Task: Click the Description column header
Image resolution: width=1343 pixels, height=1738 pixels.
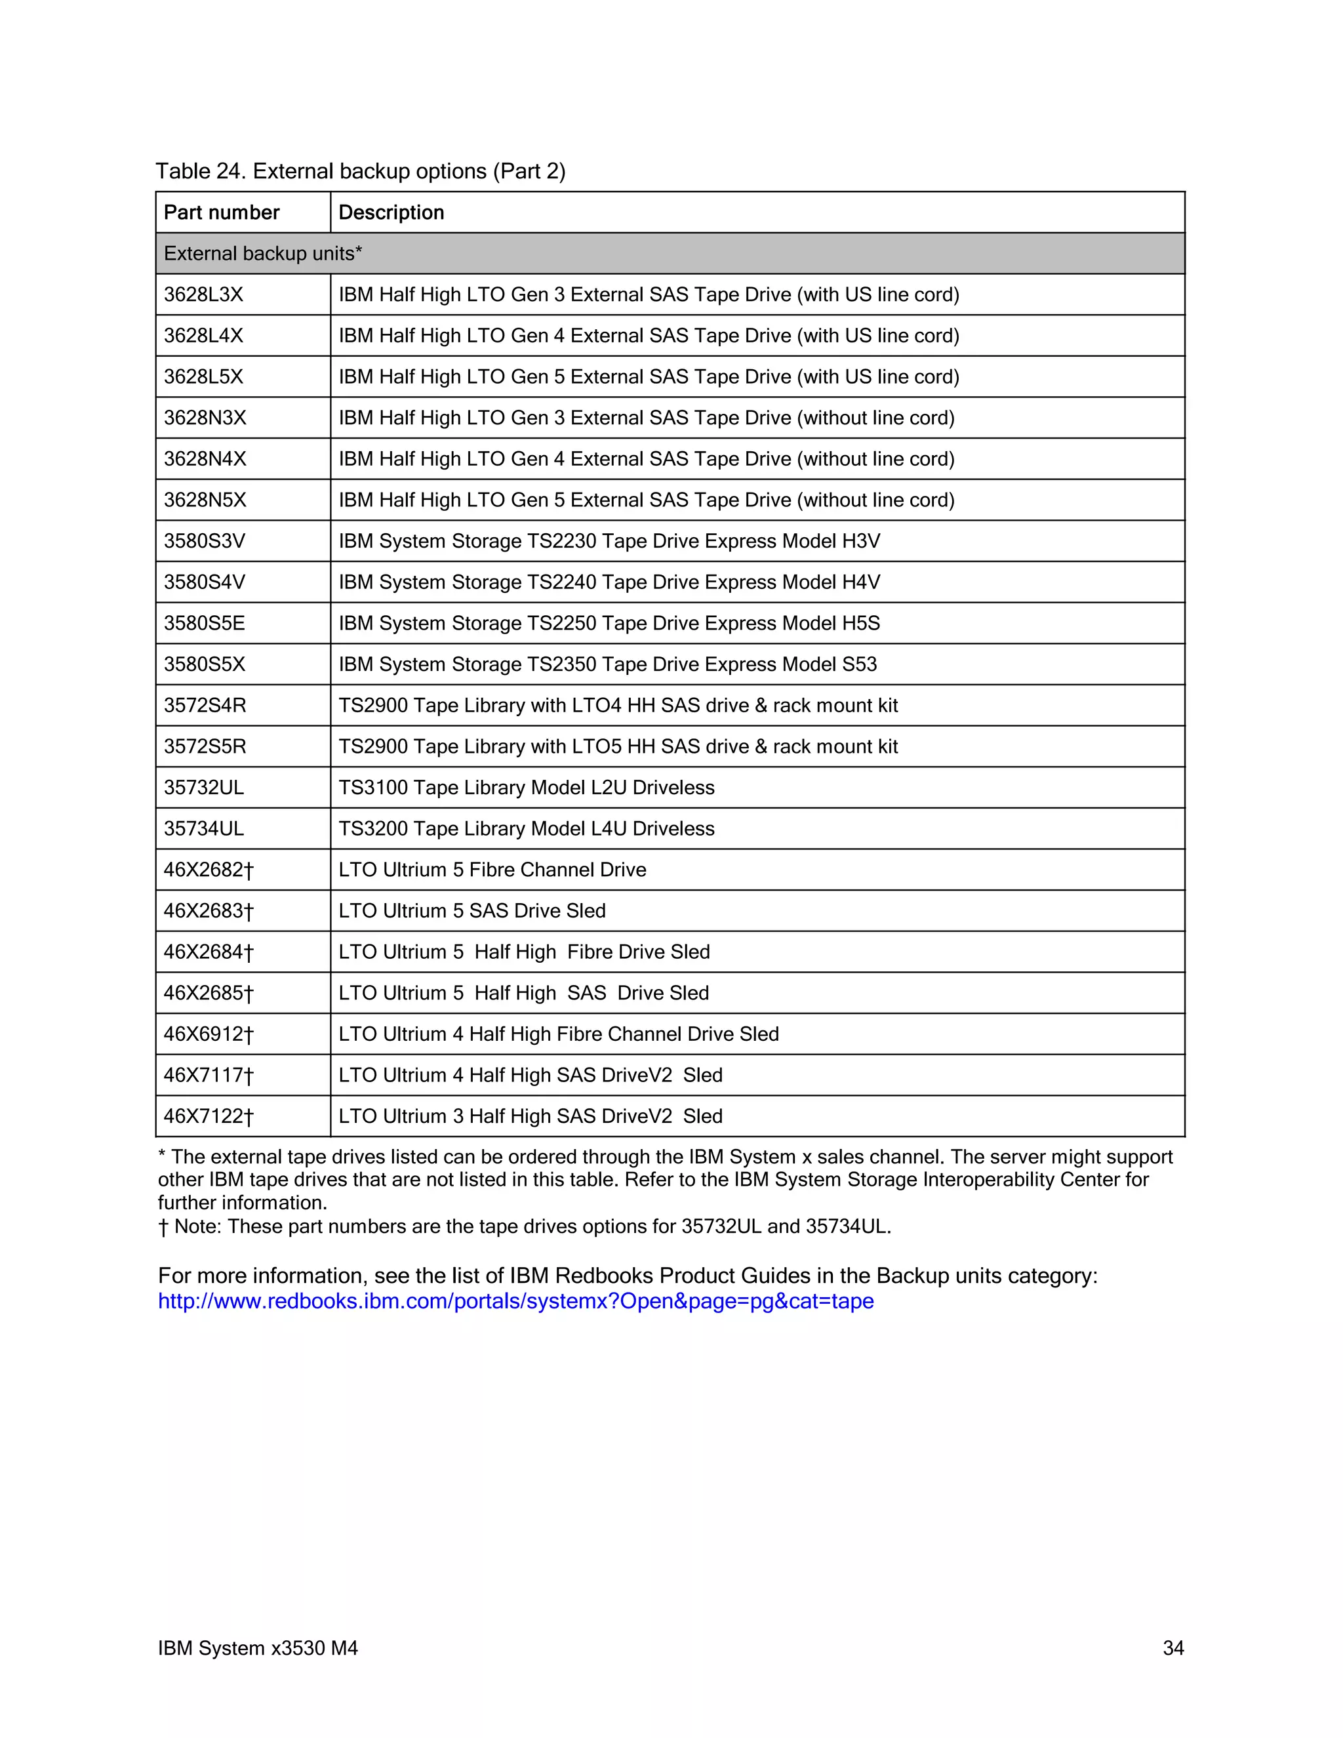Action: [x=391, y=212]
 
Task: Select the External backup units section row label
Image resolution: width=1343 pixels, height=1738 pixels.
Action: [x=262, y=254]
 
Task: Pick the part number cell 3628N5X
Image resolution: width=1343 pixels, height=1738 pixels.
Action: [x=205, y=500]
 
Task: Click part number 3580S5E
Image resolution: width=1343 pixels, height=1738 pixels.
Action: [x=204, y=623]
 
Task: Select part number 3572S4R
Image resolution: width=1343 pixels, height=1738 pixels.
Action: [x=205, y=705]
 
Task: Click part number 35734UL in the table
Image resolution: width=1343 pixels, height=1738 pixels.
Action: [x=204, y=828]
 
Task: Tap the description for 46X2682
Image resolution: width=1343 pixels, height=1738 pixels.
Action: [x=492, y=870]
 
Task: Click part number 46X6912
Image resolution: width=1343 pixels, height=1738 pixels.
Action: [x=208, y=1034]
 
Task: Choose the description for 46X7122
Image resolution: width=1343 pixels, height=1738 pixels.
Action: [x=530, y=1116]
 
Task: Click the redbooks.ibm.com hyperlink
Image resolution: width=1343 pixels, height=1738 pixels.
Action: [x=515, y=1301]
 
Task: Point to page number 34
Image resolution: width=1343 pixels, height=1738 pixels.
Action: [x=1173, y=1648]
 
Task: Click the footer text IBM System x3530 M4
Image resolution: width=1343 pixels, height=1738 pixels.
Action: [x=258, y=1648]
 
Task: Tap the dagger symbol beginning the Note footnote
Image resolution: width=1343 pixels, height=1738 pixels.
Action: [x=163, y=1227]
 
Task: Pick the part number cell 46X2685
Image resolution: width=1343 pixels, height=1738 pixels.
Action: [x=208, y=993]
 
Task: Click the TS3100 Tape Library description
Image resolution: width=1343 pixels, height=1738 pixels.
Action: [x=526, y=788]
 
